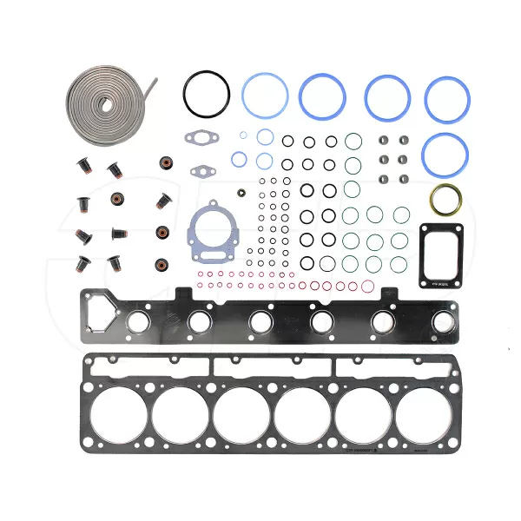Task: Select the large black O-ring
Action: pos(207,90)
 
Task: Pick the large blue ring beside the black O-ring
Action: pos(265,95)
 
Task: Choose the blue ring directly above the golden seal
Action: pos(445,153)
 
